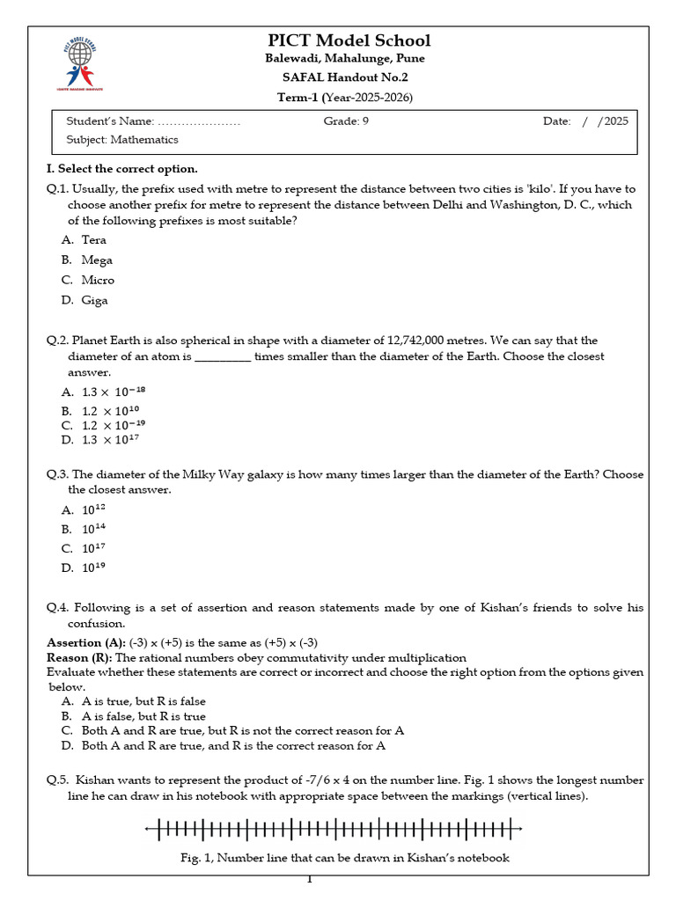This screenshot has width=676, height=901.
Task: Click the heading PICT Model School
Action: (x=349, y=40)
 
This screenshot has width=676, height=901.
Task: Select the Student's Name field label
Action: (x=110, y=121)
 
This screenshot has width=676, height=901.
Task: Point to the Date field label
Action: (x=556, y=121)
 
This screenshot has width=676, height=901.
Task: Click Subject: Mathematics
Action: (x=122, y=140)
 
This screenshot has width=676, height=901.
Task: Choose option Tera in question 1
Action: (x=93, y=239)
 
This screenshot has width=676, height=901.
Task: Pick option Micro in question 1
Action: (x=98, y=280)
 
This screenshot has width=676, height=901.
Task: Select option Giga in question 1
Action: (x=94, y=300)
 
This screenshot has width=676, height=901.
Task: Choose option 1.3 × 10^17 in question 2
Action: (x=110, y=440)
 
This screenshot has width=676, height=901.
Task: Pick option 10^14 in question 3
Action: (x=93, y=529)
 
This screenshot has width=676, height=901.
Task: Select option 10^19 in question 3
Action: (x=93, y=568)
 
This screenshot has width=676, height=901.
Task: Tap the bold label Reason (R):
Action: (x=79, y=658)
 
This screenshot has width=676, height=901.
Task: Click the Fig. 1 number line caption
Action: (x=339, y=858)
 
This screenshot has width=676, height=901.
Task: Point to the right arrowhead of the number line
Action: (x=519, y=829)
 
